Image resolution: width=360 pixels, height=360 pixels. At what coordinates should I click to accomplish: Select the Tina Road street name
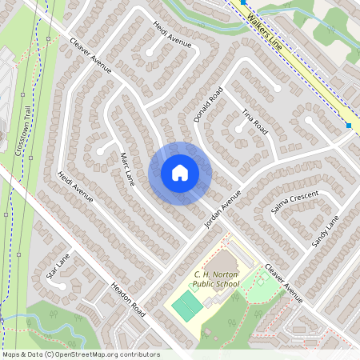point(254,122)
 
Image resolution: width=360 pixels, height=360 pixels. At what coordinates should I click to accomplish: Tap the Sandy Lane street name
point(326,230)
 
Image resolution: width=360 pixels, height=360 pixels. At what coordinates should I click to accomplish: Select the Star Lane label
point(58,266)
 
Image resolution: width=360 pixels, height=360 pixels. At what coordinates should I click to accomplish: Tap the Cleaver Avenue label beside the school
point(285,283)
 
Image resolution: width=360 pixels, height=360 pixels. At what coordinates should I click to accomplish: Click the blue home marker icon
point(180,173)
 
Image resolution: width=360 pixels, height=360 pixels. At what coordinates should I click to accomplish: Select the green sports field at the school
point(186,306)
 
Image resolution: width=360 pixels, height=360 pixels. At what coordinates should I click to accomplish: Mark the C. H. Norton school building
point(226,262)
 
